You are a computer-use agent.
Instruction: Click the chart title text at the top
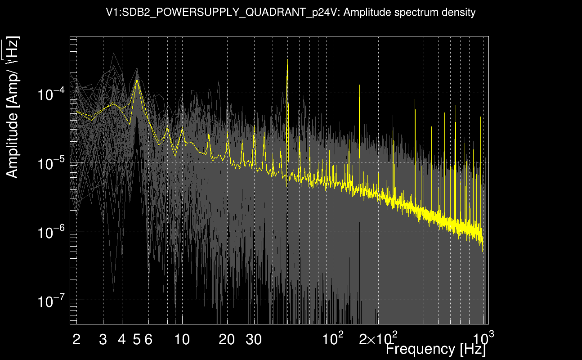291,13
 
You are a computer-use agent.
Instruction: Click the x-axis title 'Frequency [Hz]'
435,349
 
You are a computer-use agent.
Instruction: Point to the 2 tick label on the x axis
76,340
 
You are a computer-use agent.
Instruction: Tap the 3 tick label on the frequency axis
103,340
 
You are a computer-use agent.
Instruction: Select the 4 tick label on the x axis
122,340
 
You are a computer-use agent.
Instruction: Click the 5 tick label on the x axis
137,340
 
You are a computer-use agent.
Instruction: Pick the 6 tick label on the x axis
148,340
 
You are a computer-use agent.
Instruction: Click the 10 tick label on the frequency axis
182,340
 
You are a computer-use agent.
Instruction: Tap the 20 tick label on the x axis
227,340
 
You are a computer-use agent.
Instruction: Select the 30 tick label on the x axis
254,340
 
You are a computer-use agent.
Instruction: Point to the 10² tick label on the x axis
333,338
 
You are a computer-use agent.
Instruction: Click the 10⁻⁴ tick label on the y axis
52,94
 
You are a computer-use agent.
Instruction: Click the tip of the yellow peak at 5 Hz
137,80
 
